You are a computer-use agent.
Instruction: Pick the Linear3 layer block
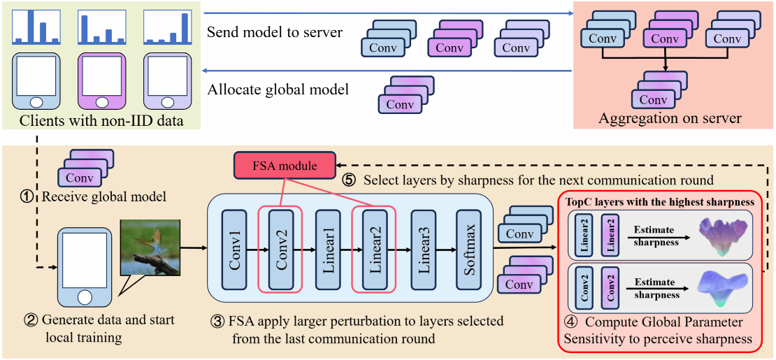[424, 249]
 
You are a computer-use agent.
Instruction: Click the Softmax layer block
[470, 249]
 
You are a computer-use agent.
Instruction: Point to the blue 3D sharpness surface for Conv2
[723, 288]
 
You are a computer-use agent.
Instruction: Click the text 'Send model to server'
[275, 33]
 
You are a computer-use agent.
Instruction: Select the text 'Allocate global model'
[278, 89]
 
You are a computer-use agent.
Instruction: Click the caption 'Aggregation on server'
[670, 119]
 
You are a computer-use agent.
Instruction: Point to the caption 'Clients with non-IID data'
[101, 121]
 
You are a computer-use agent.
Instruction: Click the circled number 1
[28, 197]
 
